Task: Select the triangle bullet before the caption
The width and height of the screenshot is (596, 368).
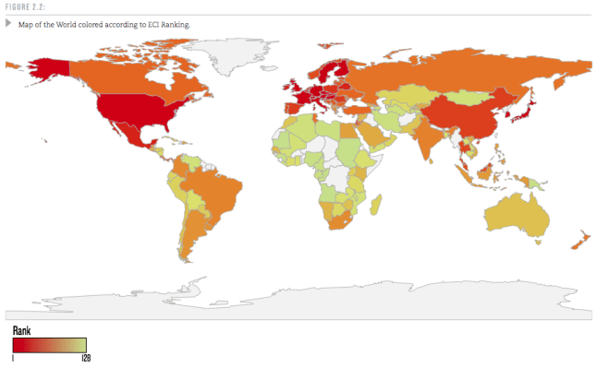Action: point(8,23)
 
